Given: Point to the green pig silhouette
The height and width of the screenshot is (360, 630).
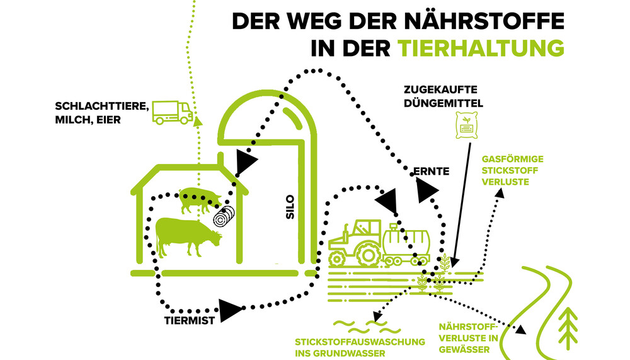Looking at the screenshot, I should (200, 199).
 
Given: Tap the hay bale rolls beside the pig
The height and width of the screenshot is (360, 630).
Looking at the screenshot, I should (224, 216).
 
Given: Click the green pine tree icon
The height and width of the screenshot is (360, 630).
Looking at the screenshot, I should (570, 324).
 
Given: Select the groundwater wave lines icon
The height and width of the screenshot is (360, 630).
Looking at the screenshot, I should (360, 326).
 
